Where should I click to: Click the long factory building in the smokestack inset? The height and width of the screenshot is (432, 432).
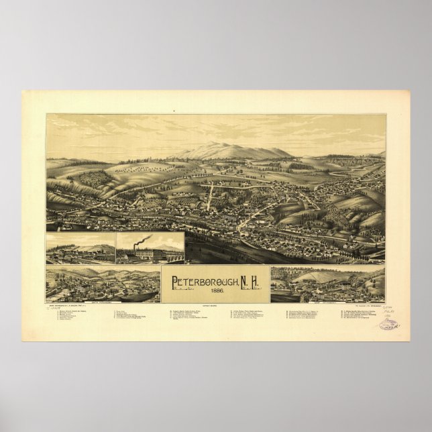coord(154,255)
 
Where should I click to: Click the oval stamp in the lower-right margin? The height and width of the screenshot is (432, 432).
coord(388,324)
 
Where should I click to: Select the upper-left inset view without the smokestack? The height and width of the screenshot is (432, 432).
coord(80,248)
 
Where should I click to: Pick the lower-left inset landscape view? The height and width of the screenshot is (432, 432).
coord(103,284)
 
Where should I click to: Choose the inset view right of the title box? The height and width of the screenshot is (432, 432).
coord(327,284)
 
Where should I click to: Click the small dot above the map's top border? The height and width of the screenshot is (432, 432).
coord(174,110)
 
